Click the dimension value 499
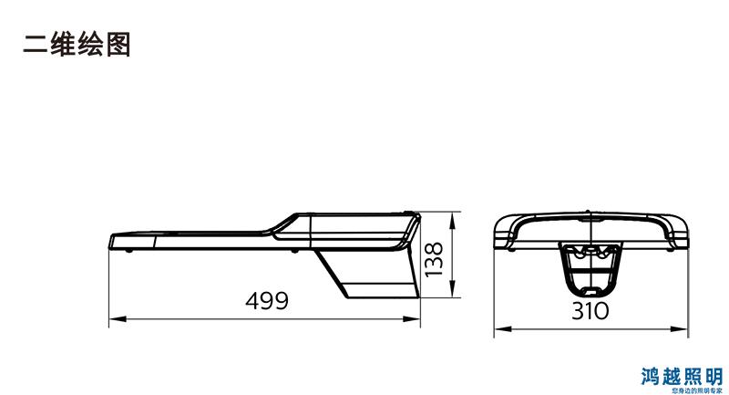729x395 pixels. click(x=267, y=300)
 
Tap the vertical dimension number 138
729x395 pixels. click(x=434, y=259)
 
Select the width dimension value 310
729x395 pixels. click(x=590, y=311)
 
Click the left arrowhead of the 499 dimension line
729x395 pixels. click(x=118, y=318)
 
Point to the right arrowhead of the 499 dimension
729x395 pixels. click(x=412, y=318)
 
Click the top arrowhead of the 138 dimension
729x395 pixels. click(x=452, y=221)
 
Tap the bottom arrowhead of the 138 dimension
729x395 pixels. click(x=452, y=288)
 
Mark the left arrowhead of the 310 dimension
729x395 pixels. click(x=503, y=329)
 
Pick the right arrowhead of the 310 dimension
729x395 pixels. click(x=679, y=329)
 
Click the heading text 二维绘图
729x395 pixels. click(x=77, y=45)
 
